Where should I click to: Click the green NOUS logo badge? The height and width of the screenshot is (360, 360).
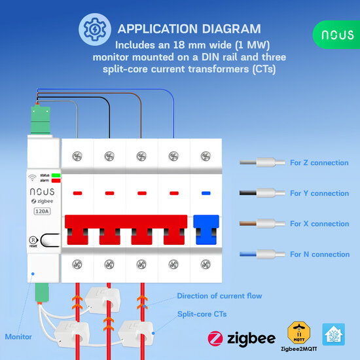(336, 34)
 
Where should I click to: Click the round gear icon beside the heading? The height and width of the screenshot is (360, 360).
(91, 29)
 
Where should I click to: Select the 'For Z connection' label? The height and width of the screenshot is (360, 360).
(319, 162)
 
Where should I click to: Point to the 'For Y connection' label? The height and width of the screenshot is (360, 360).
(319, 193)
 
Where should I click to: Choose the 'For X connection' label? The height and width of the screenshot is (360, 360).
(319, 224)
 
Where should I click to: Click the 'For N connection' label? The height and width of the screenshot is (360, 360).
(319, 254)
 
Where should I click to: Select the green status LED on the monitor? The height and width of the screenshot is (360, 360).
(56, 175)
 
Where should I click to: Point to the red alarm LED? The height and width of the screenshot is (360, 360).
(56, 181)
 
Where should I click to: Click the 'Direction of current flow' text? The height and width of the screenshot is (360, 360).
(219, 296)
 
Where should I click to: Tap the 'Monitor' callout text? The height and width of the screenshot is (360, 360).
(18, 336)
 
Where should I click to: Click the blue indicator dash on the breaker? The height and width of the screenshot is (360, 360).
(207, 193)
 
